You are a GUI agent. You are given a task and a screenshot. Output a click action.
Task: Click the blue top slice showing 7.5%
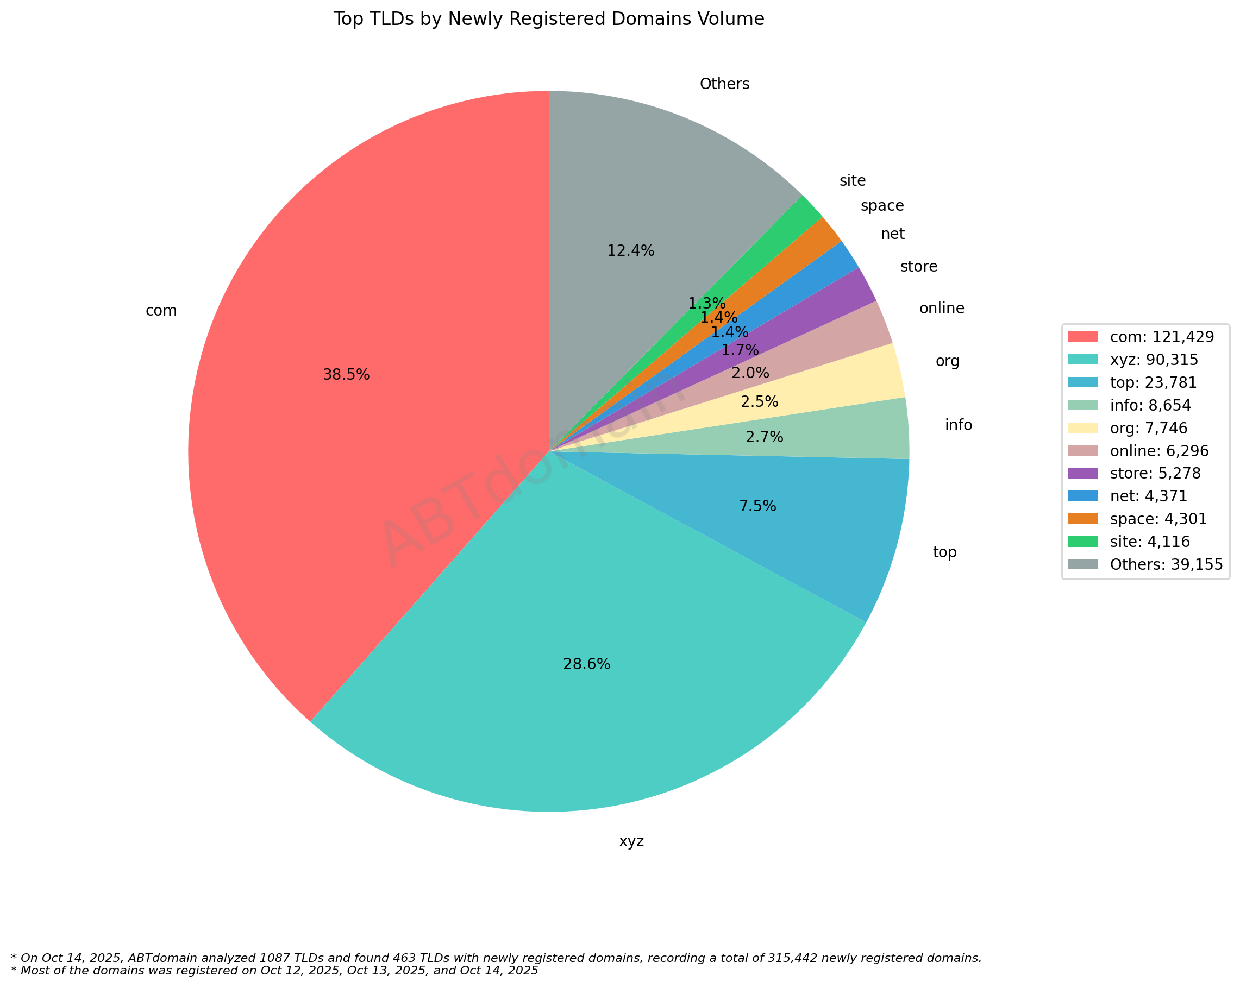(x=807, y=518)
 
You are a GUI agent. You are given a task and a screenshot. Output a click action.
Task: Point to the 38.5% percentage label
(x=346, y=375)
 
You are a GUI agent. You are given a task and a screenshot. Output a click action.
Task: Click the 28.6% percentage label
(x=586, y=664)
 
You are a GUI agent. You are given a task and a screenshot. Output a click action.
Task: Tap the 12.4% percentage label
(x=630, y=250)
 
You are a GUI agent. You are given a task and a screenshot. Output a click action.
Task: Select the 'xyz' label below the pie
(x=631, y=841)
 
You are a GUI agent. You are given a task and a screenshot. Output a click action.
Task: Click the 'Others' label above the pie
(x=724, y=84)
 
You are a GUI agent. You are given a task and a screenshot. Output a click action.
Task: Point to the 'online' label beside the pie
(x=942, y=309)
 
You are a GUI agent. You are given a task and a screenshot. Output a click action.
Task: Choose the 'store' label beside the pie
(x=918, y=267)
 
